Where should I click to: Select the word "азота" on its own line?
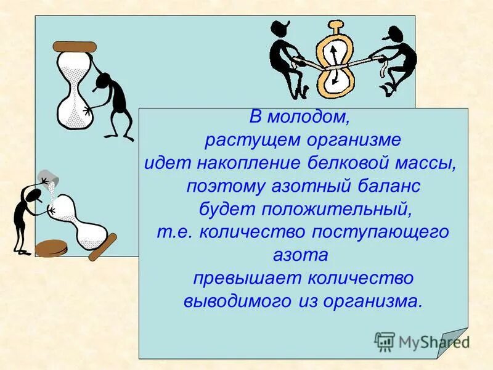tap(300, 255)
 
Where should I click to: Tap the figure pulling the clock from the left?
tap(290, 59)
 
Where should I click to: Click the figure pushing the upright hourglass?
tap(111, 102)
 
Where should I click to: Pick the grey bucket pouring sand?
tap(49, 178)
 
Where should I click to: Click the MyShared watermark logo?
tap(422, 341)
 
